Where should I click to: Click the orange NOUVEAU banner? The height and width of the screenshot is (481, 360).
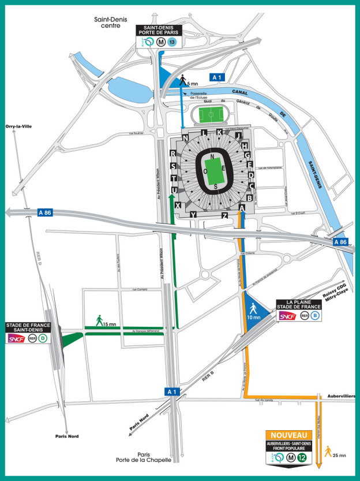[288, 435]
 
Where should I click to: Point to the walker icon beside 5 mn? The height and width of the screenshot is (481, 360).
[183, 79]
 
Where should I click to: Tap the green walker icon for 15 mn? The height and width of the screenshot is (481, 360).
[99, 319]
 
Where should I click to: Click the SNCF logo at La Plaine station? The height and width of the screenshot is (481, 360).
[287, 316]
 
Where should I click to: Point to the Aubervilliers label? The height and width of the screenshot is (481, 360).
[340, 396]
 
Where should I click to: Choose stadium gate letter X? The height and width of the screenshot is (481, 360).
[179, 206]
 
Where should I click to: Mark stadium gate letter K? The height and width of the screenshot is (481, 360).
[219, 132]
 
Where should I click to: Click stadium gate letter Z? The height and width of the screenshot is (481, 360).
[224, 215]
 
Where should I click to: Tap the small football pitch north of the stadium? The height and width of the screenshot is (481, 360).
[211, 115]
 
